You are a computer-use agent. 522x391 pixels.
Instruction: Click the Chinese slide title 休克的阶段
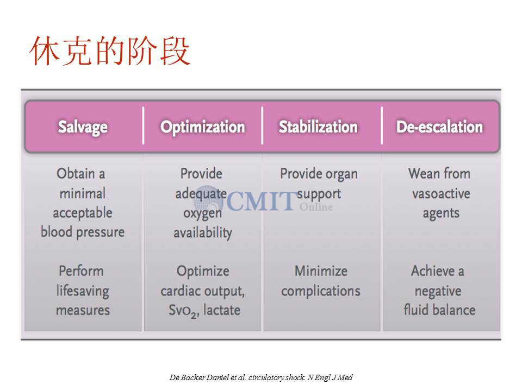coord(110,51)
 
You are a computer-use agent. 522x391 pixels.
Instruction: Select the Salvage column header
coord(83,127)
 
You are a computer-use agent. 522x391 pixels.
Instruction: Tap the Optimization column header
coord(202,127)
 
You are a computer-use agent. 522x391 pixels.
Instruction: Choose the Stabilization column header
coord(318,127)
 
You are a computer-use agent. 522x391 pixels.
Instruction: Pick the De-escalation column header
coord(439,127)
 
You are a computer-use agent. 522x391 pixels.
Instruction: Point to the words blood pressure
coord(83,232)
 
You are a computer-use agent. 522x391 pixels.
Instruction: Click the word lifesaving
coord(83,291)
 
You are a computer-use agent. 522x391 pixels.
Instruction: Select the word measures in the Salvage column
coord(83,310)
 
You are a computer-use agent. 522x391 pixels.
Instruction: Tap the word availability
coord(203,233)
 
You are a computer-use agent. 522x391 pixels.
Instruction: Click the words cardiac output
coord(202,291)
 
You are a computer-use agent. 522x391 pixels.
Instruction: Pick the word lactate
coord(222,310)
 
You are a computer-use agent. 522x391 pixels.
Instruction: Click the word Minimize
coord(321,272)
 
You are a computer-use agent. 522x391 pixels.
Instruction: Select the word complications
coord(321,291)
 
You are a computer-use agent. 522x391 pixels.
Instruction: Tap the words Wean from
coord(439,174)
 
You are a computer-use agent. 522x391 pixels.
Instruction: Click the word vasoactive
coord(441,193)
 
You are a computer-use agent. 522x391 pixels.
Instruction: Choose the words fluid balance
coord(439,310)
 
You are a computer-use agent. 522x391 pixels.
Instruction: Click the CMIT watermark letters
coord(261,201)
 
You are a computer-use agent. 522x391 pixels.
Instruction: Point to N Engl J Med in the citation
coord(330,377)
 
